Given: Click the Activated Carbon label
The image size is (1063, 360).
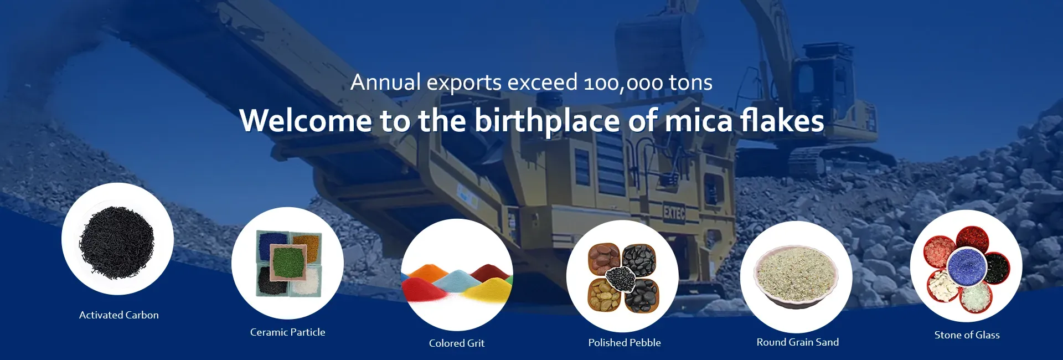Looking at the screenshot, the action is [119, 315].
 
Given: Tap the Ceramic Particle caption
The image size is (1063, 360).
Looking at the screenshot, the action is [288, 332].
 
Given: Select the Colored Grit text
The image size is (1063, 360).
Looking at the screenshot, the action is [457, 343].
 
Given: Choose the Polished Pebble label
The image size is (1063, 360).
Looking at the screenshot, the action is [625, 343].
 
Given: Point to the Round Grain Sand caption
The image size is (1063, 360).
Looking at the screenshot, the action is [798, 342].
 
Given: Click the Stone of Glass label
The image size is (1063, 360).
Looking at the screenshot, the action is [967, 335].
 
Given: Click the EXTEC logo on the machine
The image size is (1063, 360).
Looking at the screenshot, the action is [674, 212].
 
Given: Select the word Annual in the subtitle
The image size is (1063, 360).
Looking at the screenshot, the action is [386, 82].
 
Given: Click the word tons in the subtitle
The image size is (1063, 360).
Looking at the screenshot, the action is [691, 83].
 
